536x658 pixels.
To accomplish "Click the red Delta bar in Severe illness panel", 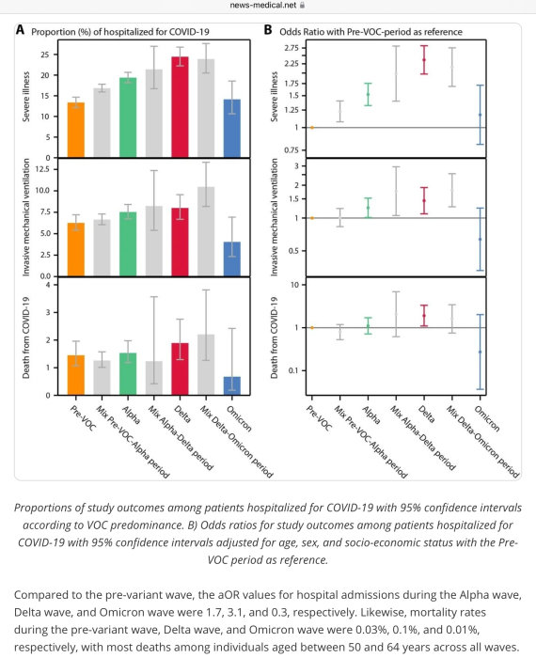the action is click(x=180, y=107).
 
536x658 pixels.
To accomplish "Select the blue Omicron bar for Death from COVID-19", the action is click(x=232, y=385).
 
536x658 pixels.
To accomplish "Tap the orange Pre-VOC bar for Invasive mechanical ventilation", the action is click(x=76, y=249).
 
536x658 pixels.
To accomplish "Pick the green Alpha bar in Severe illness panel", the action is click(x=128, y=117).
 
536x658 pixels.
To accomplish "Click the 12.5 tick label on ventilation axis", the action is click(x=42, y=169).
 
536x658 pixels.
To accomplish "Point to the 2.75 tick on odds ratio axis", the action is click(x=292, y=48).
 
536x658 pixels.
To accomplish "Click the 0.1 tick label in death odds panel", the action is click(x=293, y=370).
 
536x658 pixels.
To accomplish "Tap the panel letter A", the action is click(x=20, y=30).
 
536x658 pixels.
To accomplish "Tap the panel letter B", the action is click(x=268, y=30).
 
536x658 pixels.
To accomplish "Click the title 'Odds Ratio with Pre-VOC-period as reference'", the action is click(x=370, y=32).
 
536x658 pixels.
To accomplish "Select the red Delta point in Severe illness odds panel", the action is click(x=424, y=60).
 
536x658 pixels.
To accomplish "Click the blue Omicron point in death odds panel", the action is click(x=481, y=352).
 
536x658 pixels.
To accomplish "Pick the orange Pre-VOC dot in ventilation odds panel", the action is click(x=312, y=218).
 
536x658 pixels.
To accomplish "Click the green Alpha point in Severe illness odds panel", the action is click(x=368, y=94).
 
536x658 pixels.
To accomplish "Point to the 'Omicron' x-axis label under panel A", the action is click(x=239, y=419).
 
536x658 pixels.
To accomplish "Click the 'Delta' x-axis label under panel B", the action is click(x=427, y=415).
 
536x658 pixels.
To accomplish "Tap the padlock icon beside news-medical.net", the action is click(x=302, y=5).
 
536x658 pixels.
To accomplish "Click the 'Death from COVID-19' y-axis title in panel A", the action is click(x=26, y=337).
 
